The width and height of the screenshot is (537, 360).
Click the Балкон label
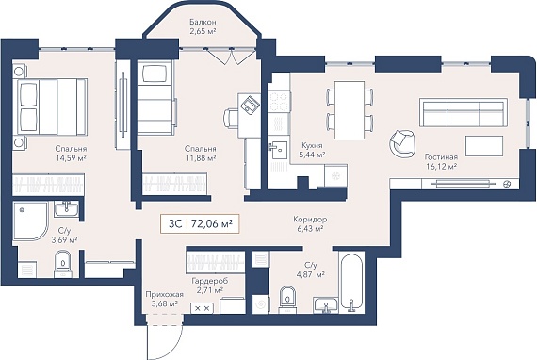pos(203,22)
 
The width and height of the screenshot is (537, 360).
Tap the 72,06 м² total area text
pos(212,223)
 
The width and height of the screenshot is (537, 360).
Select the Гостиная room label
pos(441,157)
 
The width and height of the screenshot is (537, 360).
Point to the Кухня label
pos(311,145)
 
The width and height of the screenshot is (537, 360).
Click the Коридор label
pos(310,220)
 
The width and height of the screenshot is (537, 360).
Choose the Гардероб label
pos(210,281)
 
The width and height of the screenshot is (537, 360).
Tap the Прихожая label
pos(164,295)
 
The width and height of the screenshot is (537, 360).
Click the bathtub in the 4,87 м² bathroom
pos(351,283)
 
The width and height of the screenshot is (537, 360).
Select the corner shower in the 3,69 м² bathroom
pos(31,221)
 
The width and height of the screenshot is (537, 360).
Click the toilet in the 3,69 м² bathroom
pos(63,264)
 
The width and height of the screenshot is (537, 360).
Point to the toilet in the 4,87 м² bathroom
pos(287,300)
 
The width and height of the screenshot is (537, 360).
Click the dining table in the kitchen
pos(350,110)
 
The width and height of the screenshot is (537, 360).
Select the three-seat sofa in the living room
pos(464,113)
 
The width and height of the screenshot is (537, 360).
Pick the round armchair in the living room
pos(402,144)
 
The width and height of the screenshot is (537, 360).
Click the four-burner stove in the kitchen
pos(279,102)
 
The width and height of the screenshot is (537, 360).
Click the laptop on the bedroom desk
pos(251,103)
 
